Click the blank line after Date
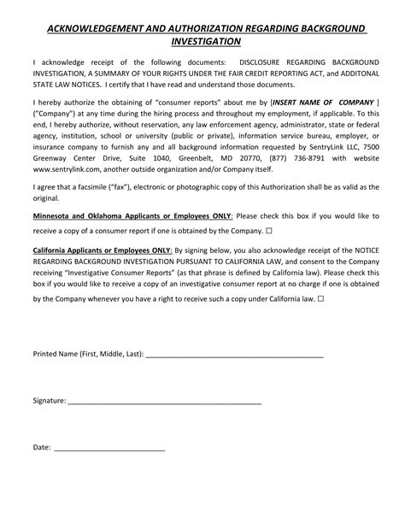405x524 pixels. [109, 447]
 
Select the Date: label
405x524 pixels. [42, 447]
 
